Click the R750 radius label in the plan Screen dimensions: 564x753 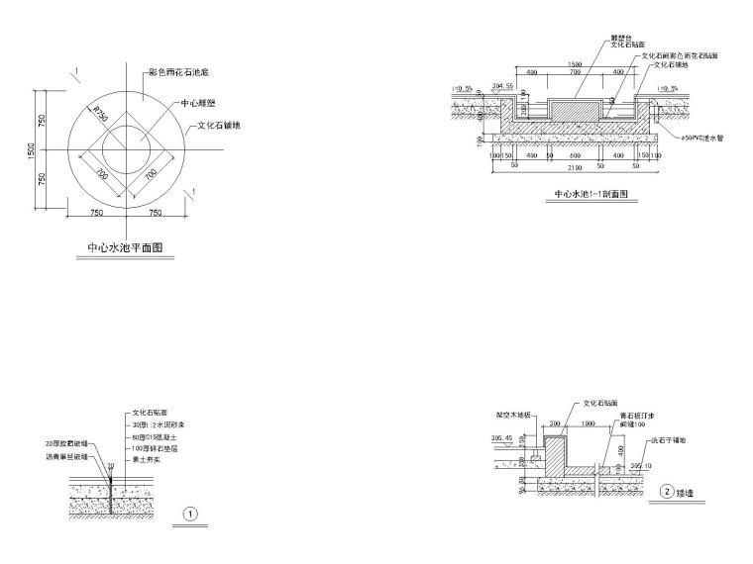pos(99,114)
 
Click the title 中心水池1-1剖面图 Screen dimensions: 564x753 pos(592,194)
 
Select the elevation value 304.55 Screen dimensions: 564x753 pos(502,87)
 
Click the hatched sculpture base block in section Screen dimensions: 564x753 pos(575,111)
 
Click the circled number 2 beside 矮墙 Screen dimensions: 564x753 pos(669,491)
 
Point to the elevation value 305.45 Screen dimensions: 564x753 pos(502,437)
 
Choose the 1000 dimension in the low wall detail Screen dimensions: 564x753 pos(589,423)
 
